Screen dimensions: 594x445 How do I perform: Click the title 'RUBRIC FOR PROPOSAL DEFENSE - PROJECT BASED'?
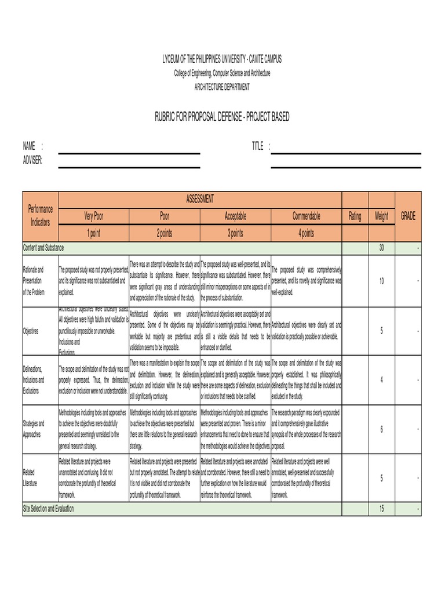[221, 118]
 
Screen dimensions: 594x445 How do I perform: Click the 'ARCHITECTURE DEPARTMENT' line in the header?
[222, 86]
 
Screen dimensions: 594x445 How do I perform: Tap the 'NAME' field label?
[29, 146]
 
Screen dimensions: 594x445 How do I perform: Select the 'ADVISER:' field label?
[32, 160]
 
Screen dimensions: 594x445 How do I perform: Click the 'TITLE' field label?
[258, 146]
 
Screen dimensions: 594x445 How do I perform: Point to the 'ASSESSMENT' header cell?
[200, 199]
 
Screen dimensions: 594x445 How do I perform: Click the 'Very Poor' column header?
[94, 216]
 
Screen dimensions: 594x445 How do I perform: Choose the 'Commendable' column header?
[306, 216]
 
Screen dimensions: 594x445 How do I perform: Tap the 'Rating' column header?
[355, 216]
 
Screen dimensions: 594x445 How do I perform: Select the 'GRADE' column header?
[408, 216]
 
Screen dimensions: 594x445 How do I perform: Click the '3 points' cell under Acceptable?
[235, 233]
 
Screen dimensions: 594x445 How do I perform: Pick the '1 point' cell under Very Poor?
[94, 233]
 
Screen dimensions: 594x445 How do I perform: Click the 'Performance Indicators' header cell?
[41, 216]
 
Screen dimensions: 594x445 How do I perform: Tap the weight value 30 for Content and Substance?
[381, 248]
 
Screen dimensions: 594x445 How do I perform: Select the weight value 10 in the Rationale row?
[381, 281]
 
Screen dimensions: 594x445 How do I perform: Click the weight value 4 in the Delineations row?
[381, 380]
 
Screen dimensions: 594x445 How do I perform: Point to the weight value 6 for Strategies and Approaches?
[381, 429]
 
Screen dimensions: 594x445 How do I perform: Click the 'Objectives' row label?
[31, 331]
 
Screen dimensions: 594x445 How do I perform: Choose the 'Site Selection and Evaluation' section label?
[49, 509]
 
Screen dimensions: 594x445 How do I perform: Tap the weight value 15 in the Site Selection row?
[381, 509]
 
